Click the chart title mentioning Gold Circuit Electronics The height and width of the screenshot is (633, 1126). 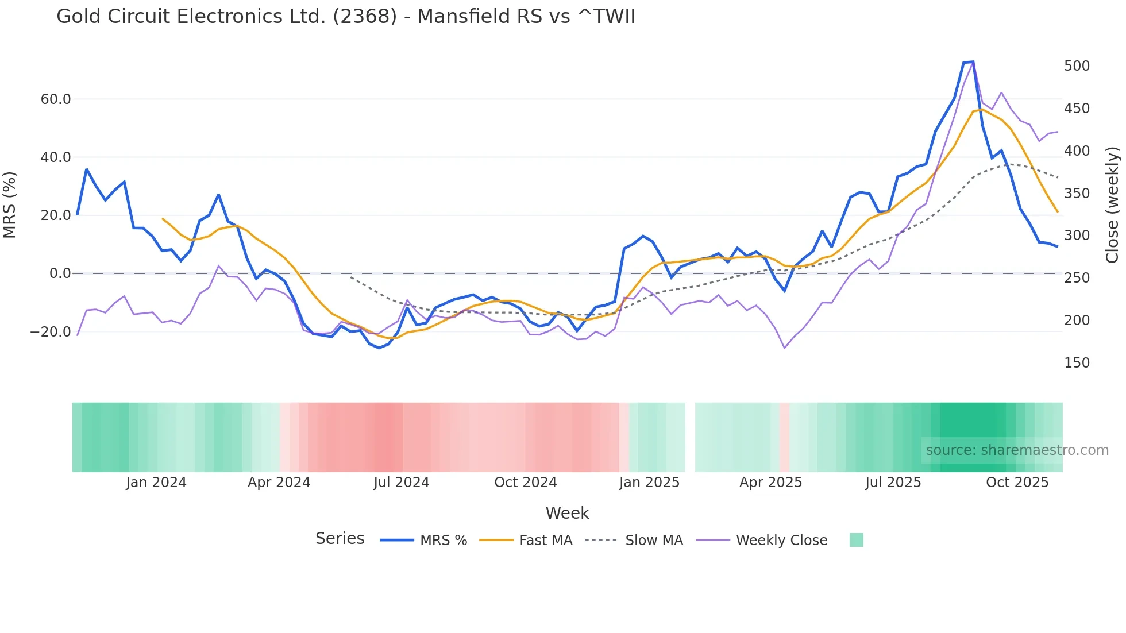(346, 17)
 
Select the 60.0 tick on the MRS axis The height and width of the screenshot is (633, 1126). (56, 99)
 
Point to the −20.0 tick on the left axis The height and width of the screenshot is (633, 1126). (51, 332)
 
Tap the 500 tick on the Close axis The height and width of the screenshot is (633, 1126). (1077, 66)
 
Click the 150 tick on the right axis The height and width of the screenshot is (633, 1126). (1077, 363)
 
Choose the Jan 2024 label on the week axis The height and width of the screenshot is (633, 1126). (156, 483)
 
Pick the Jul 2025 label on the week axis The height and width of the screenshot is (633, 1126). (893, 483)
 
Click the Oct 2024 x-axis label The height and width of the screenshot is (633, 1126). (525, 483)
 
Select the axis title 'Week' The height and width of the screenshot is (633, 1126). (567, 513)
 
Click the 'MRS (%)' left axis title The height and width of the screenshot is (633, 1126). (10, 205)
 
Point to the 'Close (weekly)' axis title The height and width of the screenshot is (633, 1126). (1113, 205)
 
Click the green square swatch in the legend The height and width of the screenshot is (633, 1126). (856, 540)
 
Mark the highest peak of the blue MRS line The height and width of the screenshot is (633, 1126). (972, 61)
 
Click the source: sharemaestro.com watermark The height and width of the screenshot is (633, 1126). (1017, 450)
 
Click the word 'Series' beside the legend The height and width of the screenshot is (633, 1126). (340, 539)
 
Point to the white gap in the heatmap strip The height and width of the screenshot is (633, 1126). (690, 437)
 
